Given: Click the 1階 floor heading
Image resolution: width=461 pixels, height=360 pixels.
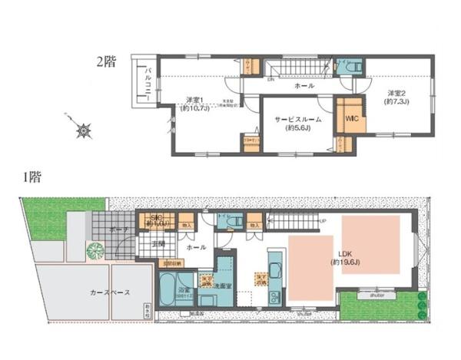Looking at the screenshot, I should [x=32, y=178].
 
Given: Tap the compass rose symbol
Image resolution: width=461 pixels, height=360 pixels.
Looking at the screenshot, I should [x=82, y=131].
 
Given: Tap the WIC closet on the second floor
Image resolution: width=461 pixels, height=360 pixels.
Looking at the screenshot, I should [x=352, y=119].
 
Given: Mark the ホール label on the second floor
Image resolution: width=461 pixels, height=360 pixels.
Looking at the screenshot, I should [x=303, y=87].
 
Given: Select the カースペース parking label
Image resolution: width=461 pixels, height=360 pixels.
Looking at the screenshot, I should [x=110, y=292].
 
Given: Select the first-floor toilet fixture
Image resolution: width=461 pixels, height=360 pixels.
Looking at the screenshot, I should [x=238, y=222].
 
